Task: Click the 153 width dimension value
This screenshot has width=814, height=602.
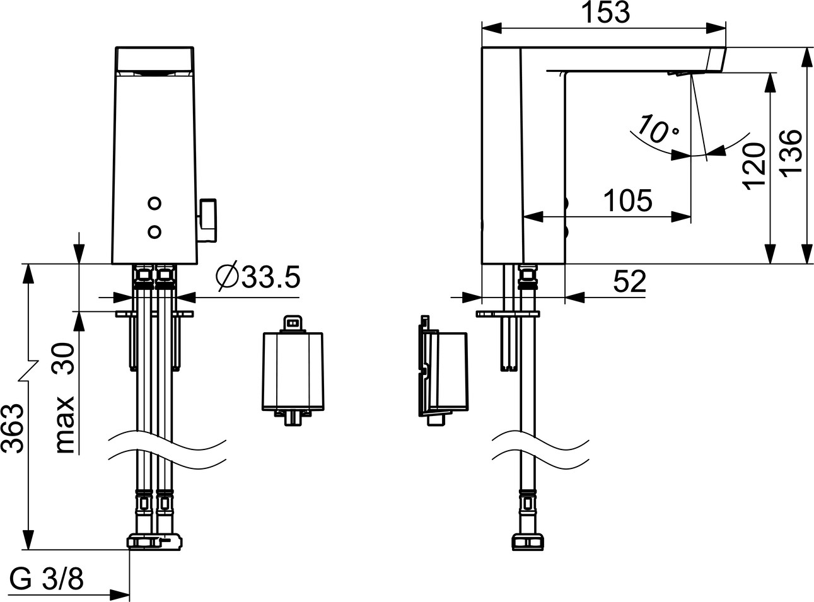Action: click(x=606, y=13)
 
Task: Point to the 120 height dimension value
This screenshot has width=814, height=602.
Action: click(x=754, y=166)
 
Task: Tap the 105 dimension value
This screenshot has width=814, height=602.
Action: click(x=628, y=200)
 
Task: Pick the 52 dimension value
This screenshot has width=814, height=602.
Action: click(x=630, y=281)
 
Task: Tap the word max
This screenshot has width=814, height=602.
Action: click(x=66, y=425)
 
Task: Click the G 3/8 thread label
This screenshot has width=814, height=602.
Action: click(x=47, y=579)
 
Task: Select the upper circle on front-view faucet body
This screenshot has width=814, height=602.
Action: click(x=154, y=203)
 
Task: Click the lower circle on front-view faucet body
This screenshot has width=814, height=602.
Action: click(x=154, y=231)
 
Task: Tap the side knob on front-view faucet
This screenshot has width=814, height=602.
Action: click(x=207, y=220)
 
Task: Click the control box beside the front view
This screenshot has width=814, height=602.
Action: click(x=293, y=371)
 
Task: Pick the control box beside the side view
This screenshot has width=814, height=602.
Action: click(x=443, y=371)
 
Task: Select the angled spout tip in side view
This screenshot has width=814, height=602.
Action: click(x=716, y=59)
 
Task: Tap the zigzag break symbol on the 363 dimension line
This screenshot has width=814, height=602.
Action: click(x=29, y=371)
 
